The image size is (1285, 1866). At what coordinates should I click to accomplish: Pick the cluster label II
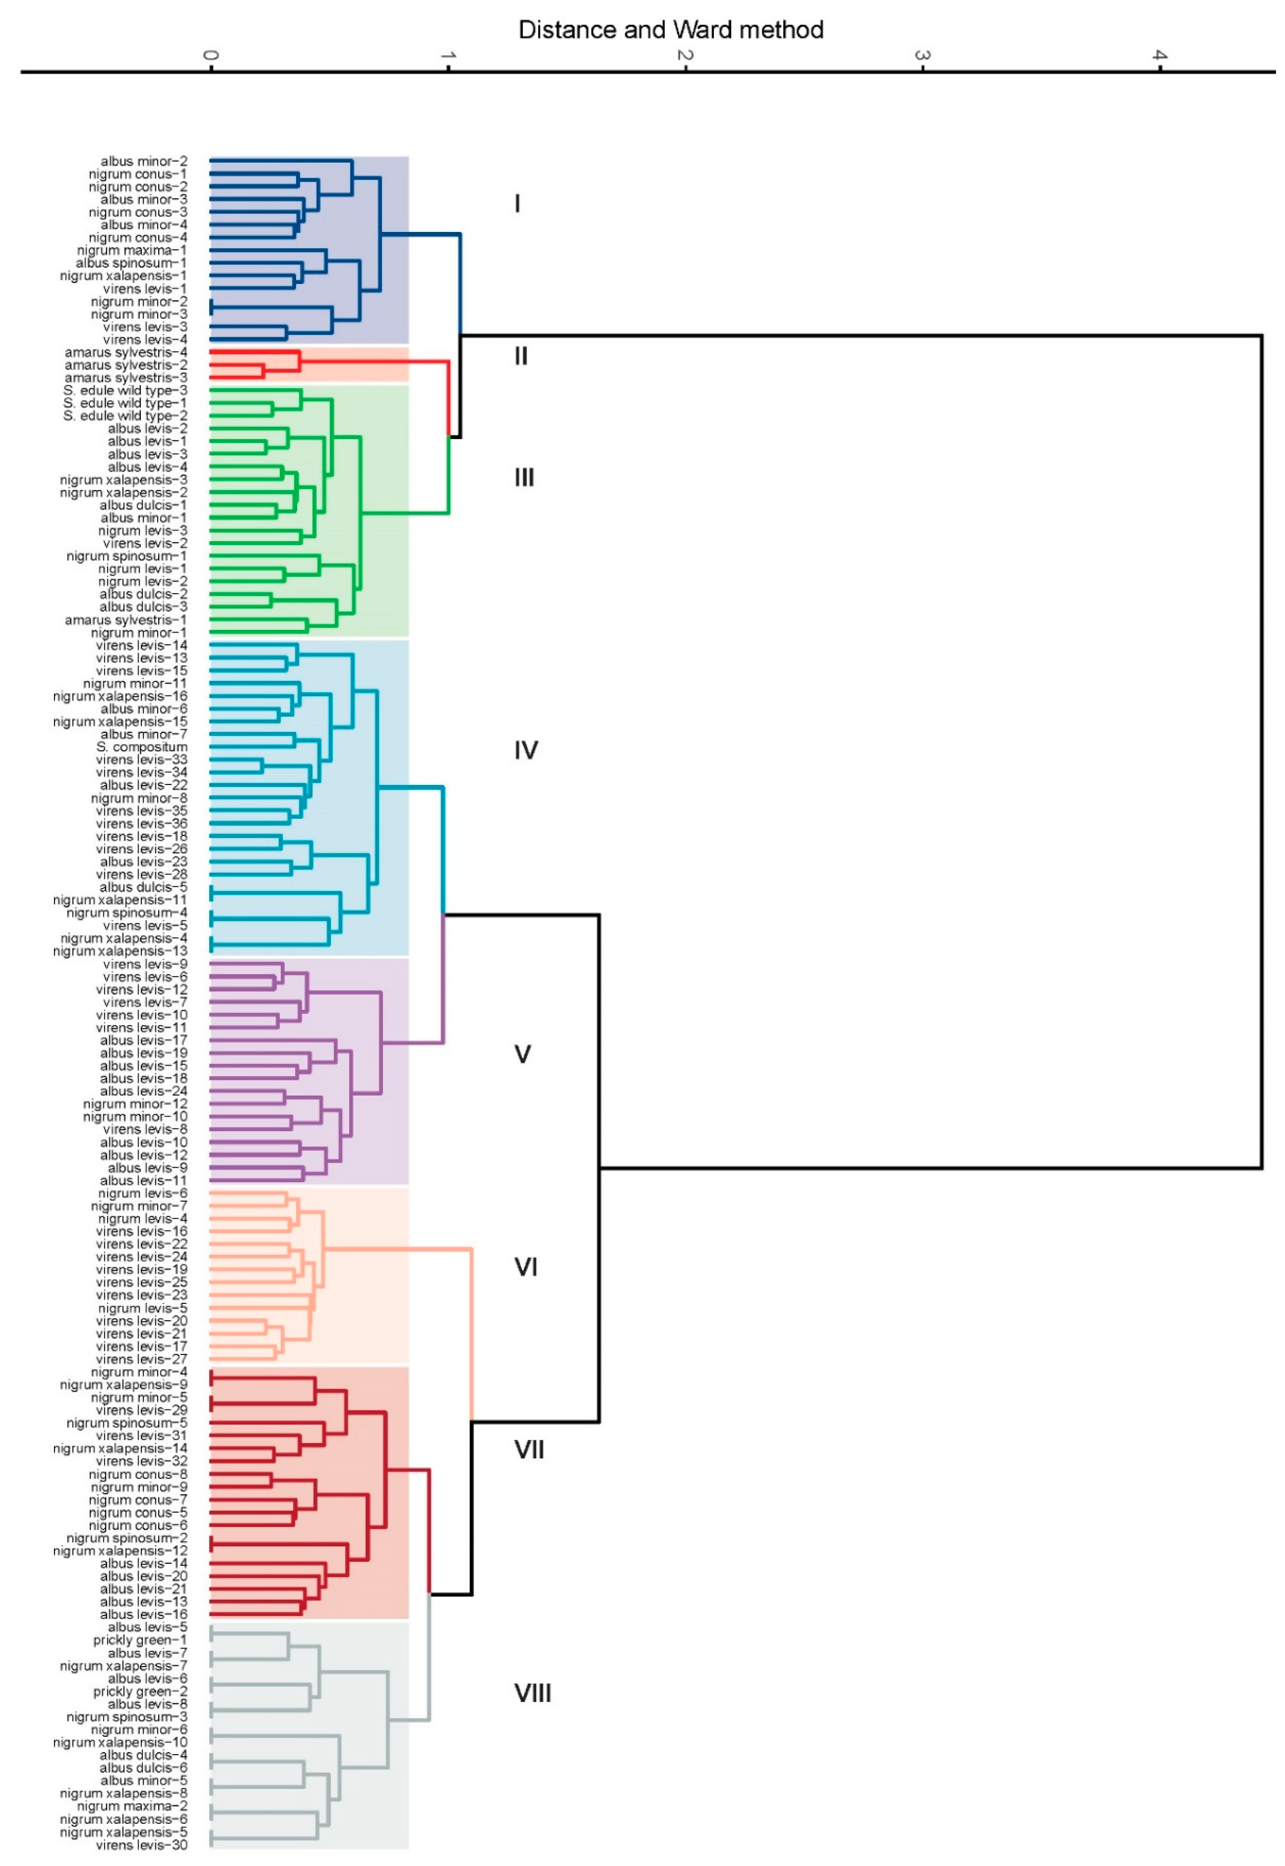(521, 356)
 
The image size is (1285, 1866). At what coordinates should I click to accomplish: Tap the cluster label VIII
(532, 1693)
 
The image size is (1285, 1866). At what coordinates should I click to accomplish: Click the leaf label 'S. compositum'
(142, 747)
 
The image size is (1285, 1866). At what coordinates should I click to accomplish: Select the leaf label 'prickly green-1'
(140, 1640)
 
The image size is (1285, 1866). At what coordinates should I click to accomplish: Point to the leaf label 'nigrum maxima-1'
(132, 250)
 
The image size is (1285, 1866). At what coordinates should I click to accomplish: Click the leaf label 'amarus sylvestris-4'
(126, 353)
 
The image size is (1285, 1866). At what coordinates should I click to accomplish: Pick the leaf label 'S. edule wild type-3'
(126, 390)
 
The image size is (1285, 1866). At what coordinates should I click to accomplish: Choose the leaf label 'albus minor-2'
(144, 161)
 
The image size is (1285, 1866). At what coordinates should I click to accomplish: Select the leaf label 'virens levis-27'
(142, 1359)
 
